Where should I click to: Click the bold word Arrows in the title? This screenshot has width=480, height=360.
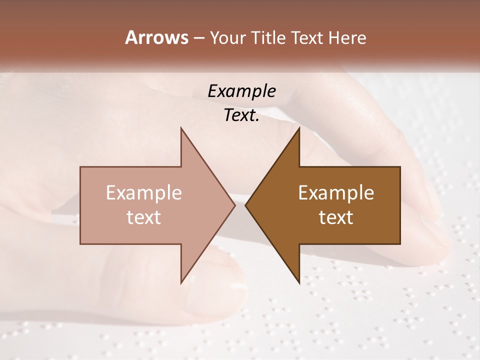156,37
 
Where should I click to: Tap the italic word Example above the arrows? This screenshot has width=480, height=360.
242,91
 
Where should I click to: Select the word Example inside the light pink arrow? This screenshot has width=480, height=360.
144,192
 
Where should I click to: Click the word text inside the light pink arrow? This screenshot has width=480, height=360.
144,217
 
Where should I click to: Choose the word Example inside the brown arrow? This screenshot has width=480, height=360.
336,192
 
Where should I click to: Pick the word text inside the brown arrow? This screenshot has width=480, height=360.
336,217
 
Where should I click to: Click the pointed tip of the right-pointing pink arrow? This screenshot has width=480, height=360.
235,205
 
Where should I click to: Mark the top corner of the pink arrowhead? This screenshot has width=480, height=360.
181,128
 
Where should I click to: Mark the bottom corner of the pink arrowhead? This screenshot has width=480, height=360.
181,282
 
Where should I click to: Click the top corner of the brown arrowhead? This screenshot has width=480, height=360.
299,128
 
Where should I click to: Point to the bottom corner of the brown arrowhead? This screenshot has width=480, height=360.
299,282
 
